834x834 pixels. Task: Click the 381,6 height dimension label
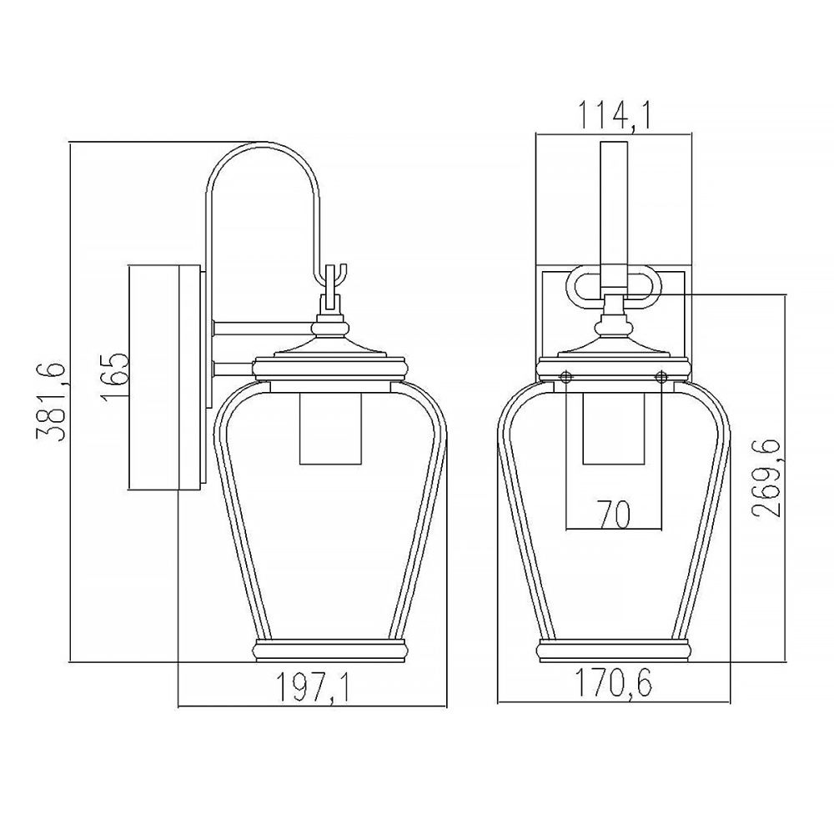[x=51, y=403]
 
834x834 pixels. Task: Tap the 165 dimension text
[x=114, y=377]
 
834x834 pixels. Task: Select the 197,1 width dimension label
[x=312, y=686]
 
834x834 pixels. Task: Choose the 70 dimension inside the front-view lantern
[x=613, y=514]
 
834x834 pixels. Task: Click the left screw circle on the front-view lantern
[x=566, y=376]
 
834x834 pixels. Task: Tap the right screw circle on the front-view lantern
[x=661, y=377]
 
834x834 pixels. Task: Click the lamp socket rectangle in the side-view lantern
[x=331, y=429]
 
